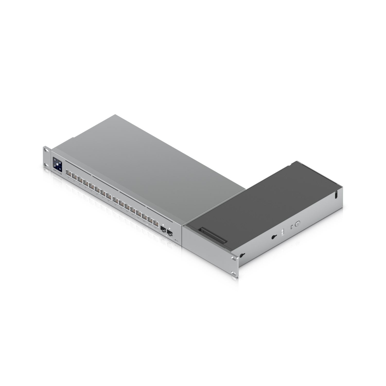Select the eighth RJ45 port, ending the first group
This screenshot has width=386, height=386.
pyautogui.click(x=109, y=197)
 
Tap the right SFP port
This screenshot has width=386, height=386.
pyautogui.click(x=170, y=233)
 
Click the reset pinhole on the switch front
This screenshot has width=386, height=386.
pyautogui.click(x=176, y=240)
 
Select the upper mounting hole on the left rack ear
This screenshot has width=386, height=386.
pyautogui.click(x=46, y=149)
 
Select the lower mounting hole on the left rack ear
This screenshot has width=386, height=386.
pyautogui.click(x=46, y=165)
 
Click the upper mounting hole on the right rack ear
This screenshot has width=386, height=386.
pyautogui.click(x=234, y=258)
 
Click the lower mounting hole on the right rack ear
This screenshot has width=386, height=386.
pyautogui.click(x=234, y=273)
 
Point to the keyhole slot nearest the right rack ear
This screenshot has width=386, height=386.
pyautogui.click(x=242, y=255)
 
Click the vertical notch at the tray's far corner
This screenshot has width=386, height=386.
pyautogui.click(x=336, y=195)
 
